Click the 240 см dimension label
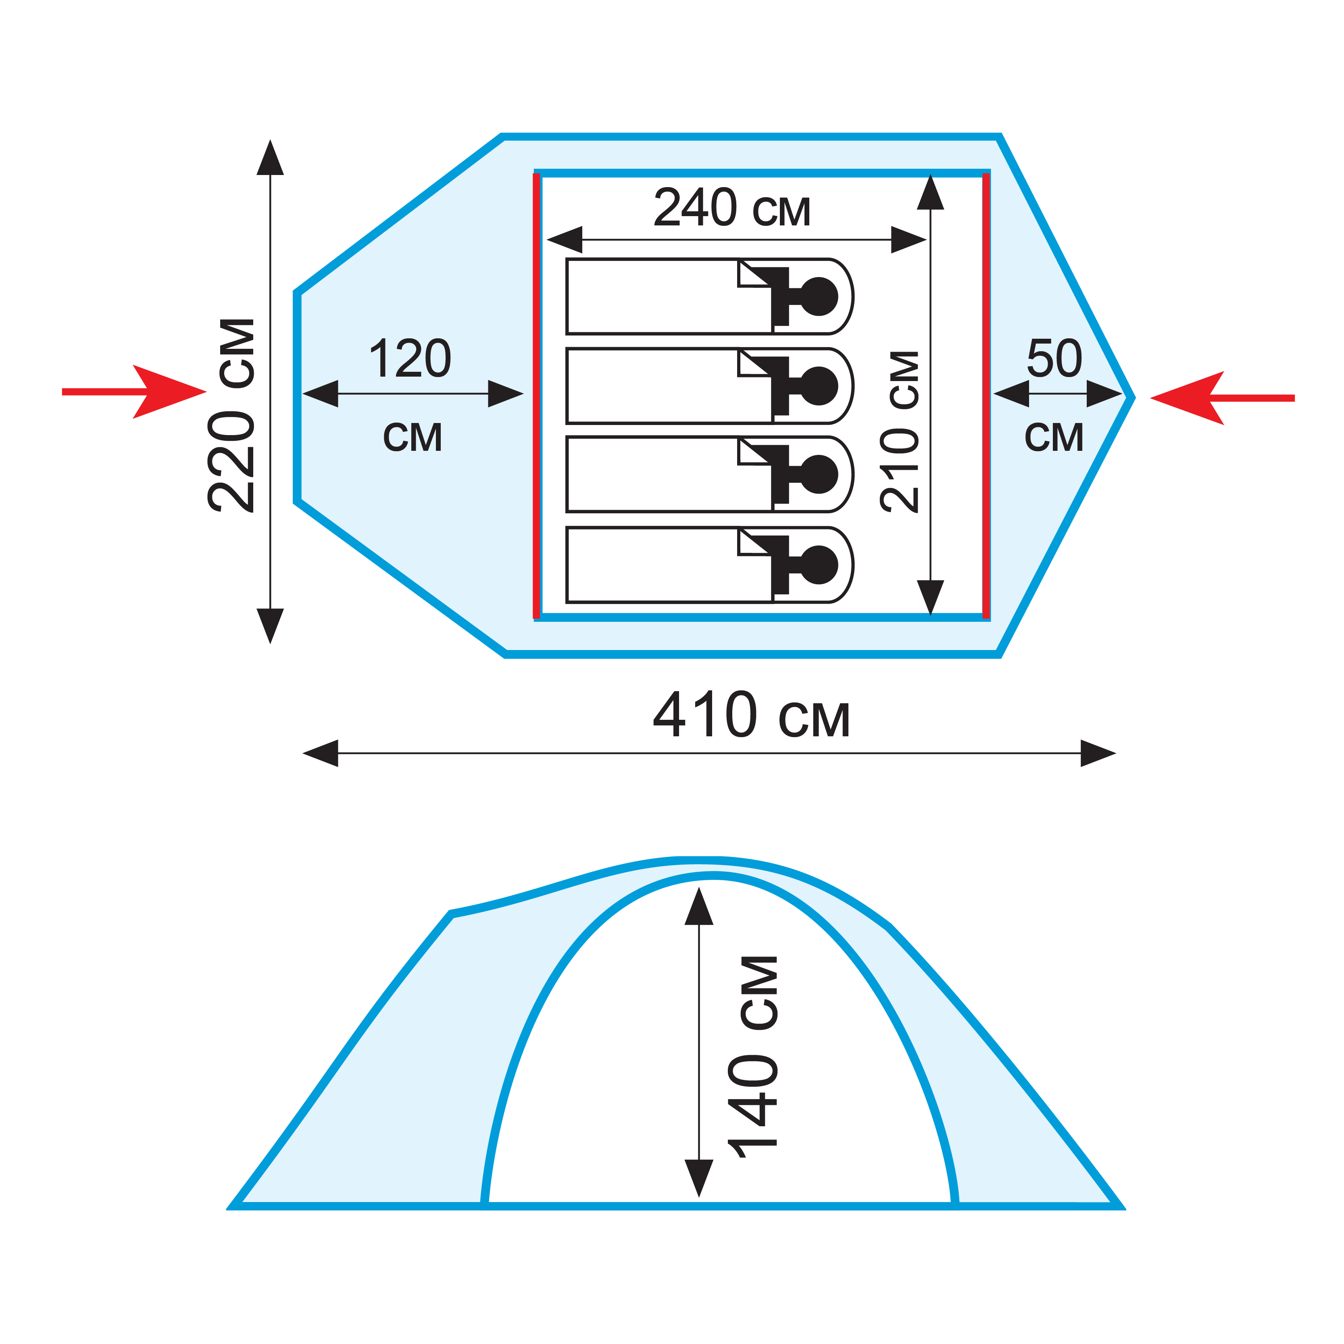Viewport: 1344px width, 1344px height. pyautogui.click(x=732, y=208)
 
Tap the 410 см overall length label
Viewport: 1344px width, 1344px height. pyautogui.click(x=751, y=715)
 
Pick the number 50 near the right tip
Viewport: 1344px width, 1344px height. pyautogui.click(x=1054, y=359)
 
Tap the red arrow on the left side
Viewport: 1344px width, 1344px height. pyautogui.click(x=134, y=392)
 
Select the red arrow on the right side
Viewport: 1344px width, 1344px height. pyautogui.click(x=1222, y=398)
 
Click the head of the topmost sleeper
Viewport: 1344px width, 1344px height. pyautogui.click(x=819, y=296)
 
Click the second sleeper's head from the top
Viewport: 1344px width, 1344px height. pyautogui.click(x=819, y=385)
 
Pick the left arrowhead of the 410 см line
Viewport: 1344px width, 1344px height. pyautogui.click(x=321, y=753)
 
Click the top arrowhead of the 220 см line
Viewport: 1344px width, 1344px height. pyautogui.click(x=270, y=157)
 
